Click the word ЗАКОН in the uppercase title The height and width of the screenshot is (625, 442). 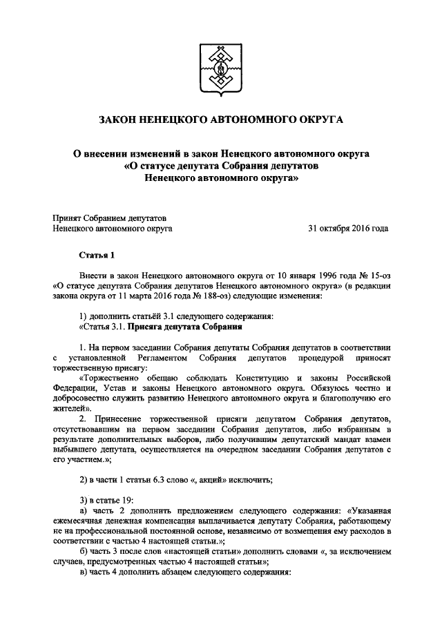122,120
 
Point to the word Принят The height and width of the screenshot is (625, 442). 67,217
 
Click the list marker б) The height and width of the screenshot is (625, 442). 84,552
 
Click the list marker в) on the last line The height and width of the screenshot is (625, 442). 84,573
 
